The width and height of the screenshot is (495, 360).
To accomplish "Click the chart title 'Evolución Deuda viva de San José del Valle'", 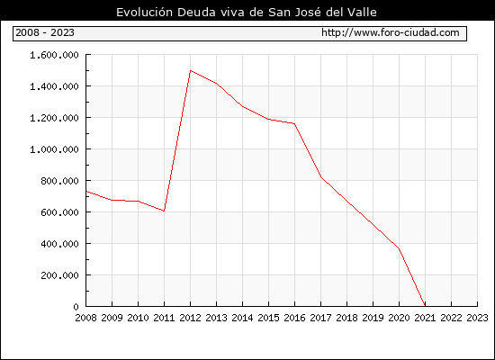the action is click(247, 13).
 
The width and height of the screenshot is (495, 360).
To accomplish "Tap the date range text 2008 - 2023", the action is click(45, 32).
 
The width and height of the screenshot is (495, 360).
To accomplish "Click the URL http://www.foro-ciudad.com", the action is click(391, 32).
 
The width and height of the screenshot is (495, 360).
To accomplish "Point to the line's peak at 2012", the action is click(191, 70).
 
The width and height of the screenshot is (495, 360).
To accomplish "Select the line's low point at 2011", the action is click(164, 211).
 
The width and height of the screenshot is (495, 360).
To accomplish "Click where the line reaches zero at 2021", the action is click(425, 306).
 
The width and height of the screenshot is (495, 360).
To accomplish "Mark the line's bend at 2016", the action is click(294, 123).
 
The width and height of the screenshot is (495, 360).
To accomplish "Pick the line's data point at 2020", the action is click(399, 248).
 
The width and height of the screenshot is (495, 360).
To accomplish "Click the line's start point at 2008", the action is click(86, 191).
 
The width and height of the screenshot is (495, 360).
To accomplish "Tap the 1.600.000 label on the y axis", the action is click(54, 55).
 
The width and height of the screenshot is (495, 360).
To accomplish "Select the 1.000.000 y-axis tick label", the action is click(54, 149).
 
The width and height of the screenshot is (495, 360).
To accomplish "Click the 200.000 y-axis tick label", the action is click(59, 275).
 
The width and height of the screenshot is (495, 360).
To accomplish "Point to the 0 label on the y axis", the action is click(76, 307).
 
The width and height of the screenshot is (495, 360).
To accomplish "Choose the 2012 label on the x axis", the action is click(191, 318).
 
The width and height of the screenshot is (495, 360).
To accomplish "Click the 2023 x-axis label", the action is click(477, 318).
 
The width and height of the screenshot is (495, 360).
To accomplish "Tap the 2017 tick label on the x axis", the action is click(320, 318).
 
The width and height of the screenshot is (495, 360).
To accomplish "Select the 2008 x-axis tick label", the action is click(85, 318).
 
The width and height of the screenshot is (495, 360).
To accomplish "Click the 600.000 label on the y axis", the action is click(59, 212).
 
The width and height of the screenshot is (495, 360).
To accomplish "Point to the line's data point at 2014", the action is click(242, 106).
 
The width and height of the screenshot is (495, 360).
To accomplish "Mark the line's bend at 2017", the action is click(320, 177).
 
